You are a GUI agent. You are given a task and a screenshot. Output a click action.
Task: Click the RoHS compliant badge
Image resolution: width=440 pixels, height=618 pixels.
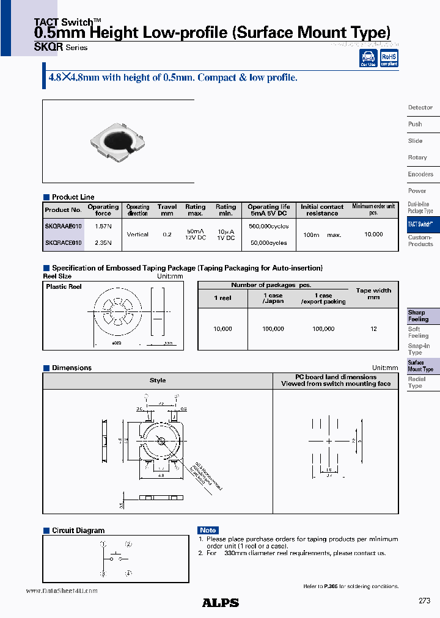point(389,58)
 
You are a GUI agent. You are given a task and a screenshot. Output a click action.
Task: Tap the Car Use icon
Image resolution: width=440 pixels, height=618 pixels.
point(369,58)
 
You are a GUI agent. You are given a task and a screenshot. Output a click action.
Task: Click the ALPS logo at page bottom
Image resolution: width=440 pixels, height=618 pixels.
point(220,603)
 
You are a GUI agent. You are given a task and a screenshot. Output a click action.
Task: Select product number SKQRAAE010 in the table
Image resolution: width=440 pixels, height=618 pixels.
point(63,226)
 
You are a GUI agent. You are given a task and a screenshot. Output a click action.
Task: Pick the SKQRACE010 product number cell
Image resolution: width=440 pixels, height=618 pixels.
point(63,242)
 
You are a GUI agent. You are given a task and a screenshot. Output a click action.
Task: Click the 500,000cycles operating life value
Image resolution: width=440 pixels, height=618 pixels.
point(269,226)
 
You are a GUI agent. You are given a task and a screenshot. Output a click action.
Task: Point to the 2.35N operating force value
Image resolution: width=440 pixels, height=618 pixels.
point(103,242)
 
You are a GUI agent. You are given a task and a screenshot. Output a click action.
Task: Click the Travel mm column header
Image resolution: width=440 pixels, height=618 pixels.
point(166,210)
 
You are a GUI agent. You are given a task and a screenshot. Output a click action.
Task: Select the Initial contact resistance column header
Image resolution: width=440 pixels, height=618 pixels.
point(322,210)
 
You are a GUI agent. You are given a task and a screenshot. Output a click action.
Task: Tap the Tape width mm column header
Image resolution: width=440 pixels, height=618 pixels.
point(373,294)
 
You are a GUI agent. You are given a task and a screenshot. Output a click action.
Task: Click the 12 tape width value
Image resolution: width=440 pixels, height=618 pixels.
point(373,329)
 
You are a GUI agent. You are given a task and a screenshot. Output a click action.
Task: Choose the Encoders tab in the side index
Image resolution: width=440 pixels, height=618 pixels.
point(420,174)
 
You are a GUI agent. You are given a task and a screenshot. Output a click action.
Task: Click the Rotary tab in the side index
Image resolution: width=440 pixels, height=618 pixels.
point(417,158)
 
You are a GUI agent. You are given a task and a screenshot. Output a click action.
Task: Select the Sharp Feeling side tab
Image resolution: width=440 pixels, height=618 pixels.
point(419,316)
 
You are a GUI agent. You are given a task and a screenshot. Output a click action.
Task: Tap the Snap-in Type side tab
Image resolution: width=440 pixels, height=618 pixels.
point(419,349)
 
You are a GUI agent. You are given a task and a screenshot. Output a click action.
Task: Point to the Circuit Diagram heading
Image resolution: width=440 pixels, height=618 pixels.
point(78,531)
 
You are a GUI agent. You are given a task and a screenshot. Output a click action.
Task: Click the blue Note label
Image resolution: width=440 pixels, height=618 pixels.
point(208,530)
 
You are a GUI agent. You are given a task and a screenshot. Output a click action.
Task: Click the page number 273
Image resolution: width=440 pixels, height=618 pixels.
point(424,601)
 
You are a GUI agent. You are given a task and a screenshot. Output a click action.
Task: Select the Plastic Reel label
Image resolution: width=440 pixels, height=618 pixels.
point(64,286)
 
